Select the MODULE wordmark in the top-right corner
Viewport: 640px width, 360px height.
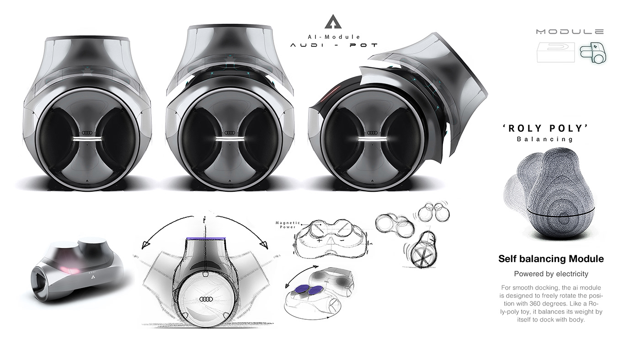(570, 32)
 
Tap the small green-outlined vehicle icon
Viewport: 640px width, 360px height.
(593, 54)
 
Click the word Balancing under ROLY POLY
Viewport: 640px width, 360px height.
(544, 139)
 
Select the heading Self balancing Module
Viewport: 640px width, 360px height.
(551, 259)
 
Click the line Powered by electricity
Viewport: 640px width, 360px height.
(551, 274)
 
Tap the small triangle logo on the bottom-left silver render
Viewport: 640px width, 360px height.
(93, 276)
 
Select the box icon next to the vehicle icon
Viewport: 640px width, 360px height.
(555, 53)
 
